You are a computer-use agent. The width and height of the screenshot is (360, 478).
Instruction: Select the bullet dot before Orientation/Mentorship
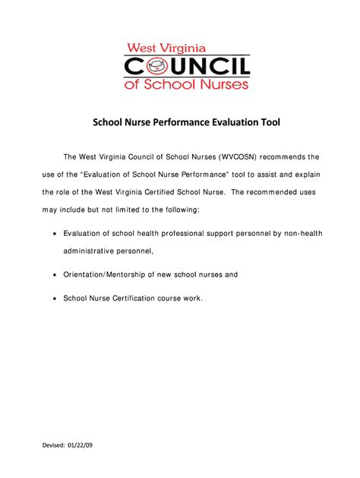tap(55, 274)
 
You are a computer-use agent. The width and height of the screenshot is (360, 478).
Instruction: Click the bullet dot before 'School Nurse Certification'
tap(55, 299)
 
